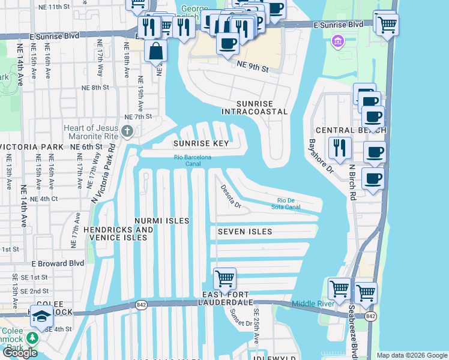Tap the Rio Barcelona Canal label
pos(193,158)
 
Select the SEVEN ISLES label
pos(245,232)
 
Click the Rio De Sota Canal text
pos(288,204)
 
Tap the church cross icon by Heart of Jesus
pos(127,131)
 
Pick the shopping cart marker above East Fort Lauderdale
pos(224,278)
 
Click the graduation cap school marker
pos(41,316)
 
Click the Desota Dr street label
pos(229,196)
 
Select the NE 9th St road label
pos(252,66)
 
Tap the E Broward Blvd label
pos(58,263)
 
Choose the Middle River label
pos(313,304)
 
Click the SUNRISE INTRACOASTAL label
pos(254,107)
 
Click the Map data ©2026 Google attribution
pos(411,355)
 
